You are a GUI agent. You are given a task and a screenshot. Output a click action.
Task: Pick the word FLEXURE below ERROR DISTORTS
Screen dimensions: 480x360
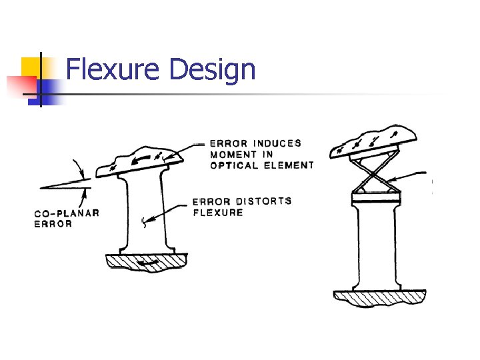218,213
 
